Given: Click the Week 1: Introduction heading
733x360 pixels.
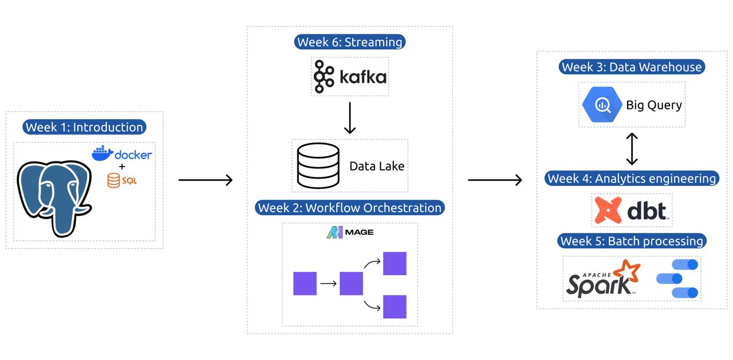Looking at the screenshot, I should click(84, 127).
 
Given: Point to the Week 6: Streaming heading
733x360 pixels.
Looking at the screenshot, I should click(349, 42).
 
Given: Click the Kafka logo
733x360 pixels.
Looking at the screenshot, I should click(350, 76).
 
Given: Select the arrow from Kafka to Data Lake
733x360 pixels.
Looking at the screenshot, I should click(349, 118).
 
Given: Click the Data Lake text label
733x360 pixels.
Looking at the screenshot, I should click(377, 167).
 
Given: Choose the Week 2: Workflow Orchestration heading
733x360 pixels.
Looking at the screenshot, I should click(349, 208).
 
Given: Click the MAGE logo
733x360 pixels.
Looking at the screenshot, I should click(349, 232).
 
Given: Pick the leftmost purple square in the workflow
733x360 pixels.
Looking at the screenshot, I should click(305, 283).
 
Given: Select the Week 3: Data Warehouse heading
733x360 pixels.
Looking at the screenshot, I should click(631, 67).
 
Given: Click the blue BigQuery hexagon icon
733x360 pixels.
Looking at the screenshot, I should click(602, 105).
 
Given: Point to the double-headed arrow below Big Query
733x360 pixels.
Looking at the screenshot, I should click(632, 149).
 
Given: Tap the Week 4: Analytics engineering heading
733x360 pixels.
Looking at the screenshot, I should click(632, 179).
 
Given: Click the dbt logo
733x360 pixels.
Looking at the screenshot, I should click(631, 210).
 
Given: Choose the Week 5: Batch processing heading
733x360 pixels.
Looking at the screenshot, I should click(632, 241).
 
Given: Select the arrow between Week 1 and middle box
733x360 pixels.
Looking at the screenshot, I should click(206, 180).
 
